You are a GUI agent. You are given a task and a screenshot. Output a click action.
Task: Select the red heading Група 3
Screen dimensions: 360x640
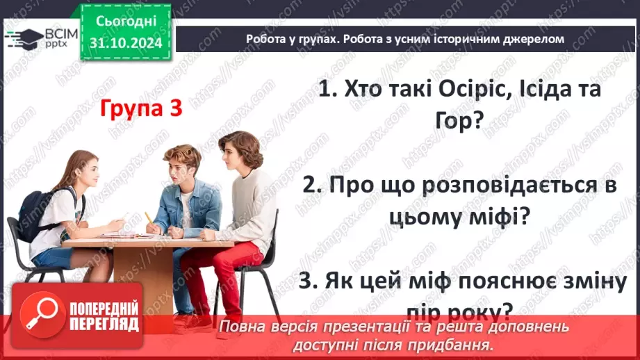click(x=141, y=109)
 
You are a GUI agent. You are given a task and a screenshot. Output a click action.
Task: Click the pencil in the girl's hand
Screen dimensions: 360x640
click(x=148, y=218)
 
